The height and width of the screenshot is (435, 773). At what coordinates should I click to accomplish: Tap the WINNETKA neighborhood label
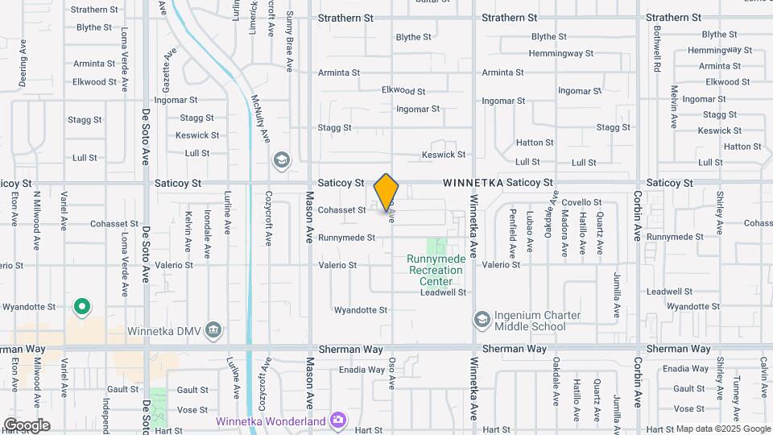pyautogui.click(x=473, y=184)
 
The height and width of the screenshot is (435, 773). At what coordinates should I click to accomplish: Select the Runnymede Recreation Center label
pyautogui.click(x=435, y=270)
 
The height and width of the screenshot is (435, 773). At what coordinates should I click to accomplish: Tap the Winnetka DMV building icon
pyautogui.click(x=213, y=329)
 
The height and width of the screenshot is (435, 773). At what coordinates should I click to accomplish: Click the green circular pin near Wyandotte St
pyautogui.click(x=81, y=307)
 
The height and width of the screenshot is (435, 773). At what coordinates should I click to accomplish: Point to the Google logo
pyautogui.click(x=27, y=425)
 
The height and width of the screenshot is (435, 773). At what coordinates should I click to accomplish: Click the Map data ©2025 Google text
pyautogui.click(x=723, y=429)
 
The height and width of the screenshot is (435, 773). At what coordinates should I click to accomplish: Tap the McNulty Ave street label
pyautogui.click(x=259, y=119)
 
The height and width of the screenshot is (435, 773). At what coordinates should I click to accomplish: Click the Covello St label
pyautogui.click(x=582, y=202)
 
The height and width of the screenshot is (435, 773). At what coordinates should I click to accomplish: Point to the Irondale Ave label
pyautogui.click(x=207, y=234)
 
